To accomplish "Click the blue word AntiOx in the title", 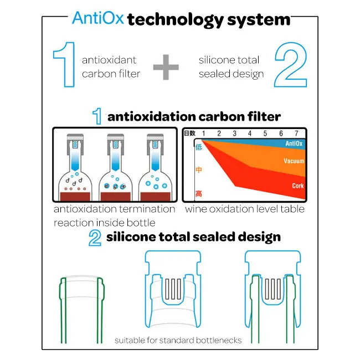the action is point(98,18).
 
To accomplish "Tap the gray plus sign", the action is point(166,67).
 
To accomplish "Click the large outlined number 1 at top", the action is point(64,64).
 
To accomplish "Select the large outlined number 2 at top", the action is point(291,64).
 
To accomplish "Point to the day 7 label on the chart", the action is point(296,133).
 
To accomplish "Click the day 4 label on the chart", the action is point(250,133).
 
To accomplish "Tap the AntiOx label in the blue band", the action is point(294,144).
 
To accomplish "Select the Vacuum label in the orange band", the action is point(294,161).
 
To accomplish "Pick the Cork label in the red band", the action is point(298,186).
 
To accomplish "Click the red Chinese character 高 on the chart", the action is point(199,193).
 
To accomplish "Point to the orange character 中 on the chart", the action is point(199,169).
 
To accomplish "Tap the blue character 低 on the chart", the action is point(199,147).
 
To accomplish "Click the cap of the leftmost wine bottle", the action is point(75,143).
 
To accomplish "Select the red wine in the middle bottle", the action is point(116,197).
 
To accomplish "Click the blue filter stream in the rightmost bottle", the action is point(155,159).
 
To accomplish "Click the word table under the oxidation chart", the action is point(295,209).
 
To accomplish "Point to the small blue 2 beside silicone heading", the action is point(95,238).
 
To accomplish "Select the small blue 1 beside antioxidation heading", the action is point(97,116).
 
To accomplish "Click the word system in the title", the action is point(259,20).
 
